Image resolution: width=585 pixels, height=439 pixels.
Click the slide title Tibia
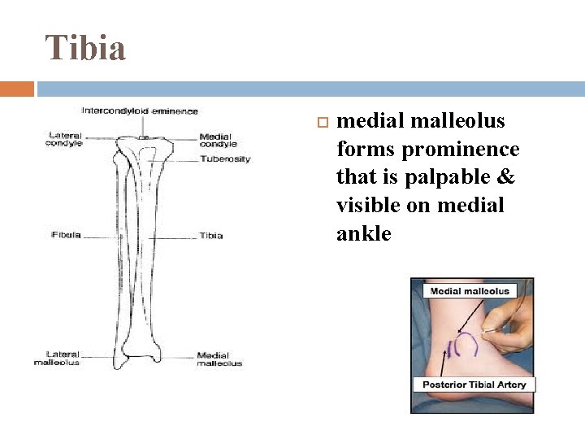[85, 48]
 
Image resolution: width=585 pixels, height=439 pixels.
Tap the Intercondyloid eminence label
[139, 111]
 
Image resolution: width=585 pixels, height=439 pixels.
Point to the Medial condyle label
[215, 140]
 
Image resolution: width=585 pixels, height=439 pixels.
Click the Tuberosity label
[224, 159]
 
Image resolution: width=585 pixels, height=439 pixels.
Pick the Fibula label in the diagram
[66, 235]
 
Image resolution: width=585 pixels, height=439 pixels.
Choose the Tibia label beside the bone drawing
[210, 236]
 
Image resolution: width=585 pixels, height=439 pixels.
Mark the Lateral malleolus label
[58, 359]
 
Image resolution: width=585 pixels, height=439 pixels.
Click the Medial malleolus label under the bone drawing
[219, 359]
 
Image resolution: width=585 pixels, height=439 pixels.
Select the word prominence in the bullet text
[461, 150]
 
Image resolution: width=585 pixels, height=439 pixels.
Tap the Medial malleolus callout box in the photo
[469, 291]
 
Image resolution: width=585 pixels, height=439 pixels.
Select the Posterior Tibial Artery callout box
[474, 384]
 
